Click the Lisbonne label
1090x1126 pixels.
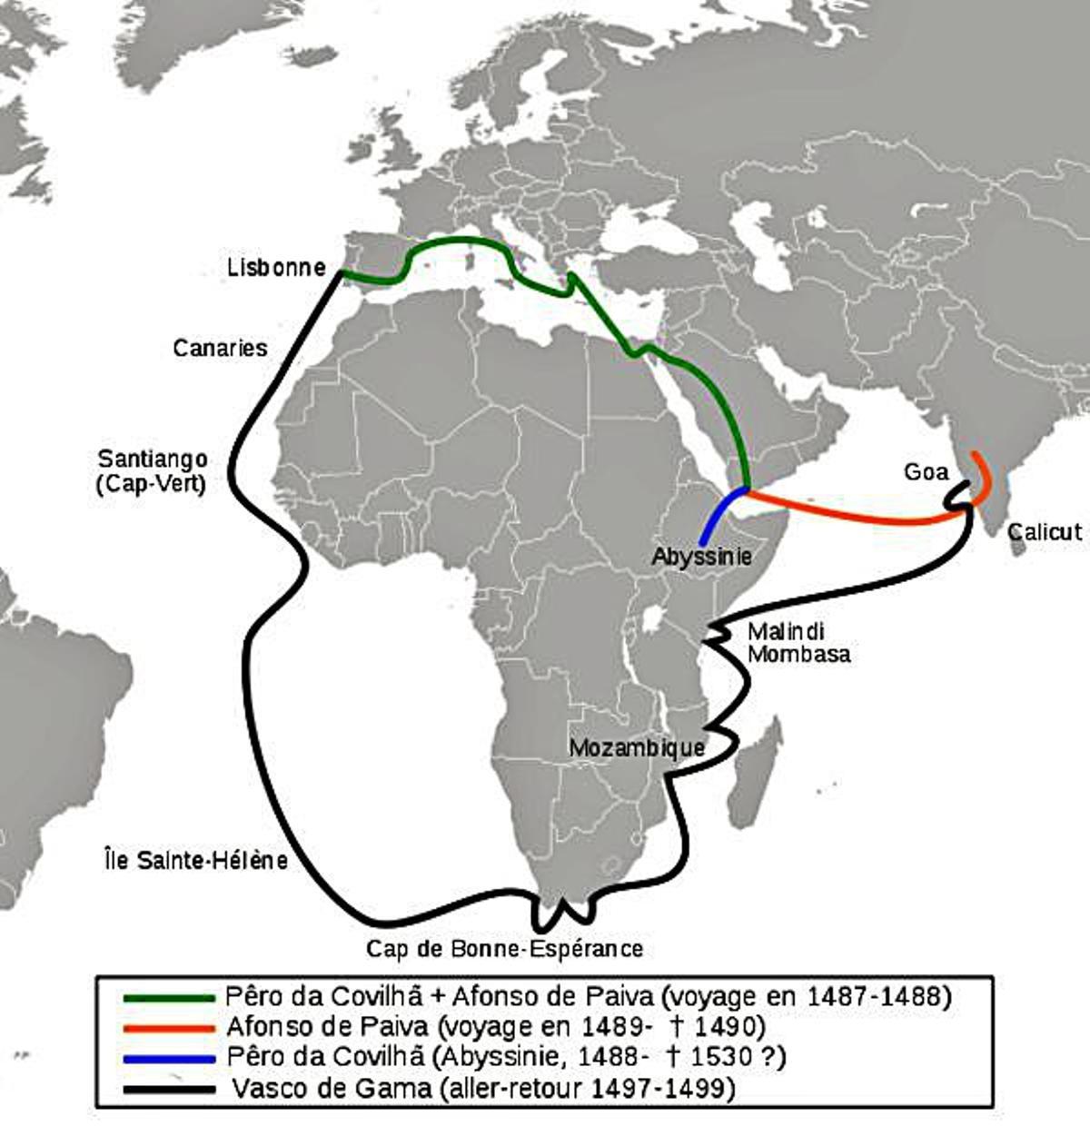click(276, 267)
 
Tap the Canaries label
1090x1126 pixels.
click(220, 348)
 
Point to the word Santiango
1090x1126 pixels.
click(153, 459)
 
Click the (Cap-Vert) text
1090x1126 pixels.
click(151, 483)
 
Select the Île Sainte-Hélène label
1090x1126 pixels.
click(195, 860)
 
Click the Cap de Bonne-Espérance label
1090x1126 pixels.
click(504, 949)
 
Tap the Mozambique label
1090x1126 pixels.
click(637, 747)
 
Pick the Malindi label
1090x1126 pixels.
click(786, 632)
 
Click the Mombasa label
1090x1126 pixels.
click(798, 654)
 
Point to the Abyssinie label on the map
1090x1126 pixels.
click(701, 556)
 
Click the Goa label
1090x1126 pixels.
click(926, 471)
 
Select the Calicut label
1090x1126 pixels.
click(1045, 531)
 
